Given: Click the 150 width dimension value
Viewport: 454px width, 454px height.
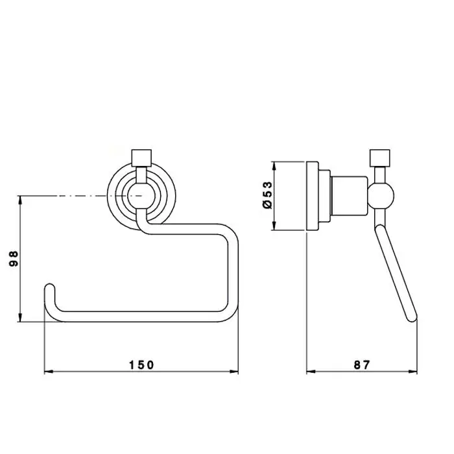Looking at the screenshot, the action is point(141,364).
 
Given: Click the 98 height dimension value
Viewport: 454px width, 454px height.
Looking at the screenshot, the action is point(14,259).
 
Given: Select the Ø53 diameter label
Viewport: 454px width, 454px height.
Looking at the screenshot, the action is point(267,195).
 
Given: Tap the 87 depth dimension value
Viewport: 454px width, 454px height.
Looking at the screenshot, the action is point(362,364).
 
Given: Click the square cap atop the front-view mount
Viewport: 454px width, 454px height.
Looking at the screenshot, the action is point(141,158).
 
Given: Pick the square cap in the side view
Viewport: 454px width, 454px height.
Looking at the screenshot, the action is point(380,158).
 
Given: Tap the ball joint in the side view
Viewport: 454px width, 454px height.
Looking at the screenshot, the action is point(381,196).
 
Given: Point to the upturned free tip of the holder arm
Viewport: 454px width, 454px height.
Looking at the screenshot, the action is point(50,287).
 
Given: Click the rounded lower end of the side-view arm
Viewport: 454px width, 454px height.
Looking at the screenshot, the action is point(412,317).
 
